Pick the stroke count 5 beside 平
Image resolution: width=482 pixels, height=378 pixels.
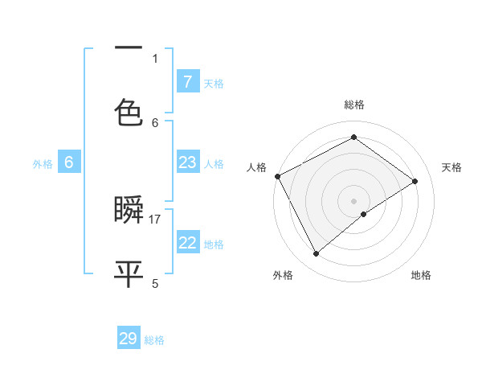pyautogui.click(x=155, y=283)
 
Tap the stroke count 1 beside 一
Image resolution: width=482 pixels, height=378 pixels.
pyautogui.click(x=155, y=58)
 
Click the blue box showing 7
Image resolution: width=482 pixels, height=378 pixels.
pyautogui.click(x=187, y=82)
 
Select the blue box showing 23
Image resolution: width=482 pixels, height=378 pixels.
pyautogui.click(x=187, y=162)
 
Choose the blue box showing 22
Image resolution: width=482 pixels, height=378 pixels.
pyautogui.click(x=187, y=243)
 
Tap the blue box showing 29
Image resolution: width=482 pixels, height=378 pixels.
pyautogui.click(x=129, y=339)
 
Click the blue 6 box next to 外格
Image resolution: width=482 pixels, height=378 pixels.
pyautogui.click(x=69, y=162)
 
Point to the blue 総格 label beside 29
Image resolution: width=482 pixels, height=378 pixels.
pyautogui.click(x=155, y=340)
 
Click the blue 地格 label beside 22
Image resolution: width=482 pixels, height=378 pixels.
pyautogui.click(x=214, y=244)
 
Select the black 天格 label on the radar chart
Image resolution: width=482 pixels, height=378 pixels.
pyautogui.click(x=451, y=167)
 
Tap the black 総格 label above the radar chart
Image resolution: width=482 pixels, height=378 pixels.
pyautogui.click(x=354, y=105)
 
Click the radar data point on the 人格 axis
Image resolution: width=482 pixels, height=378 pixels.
pyautogui.click(x=277, y=176)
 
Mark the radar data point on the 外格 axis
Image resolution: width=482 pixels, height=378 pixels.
pyautogui.click(x=316, y=254)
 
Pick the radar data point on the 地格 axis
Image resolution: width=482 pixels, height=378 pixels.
pyautogui.click(x=364, y=214)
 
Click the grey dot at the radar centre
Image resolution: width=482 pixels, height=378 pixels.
pyautogui.click(x=354, y=200)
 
